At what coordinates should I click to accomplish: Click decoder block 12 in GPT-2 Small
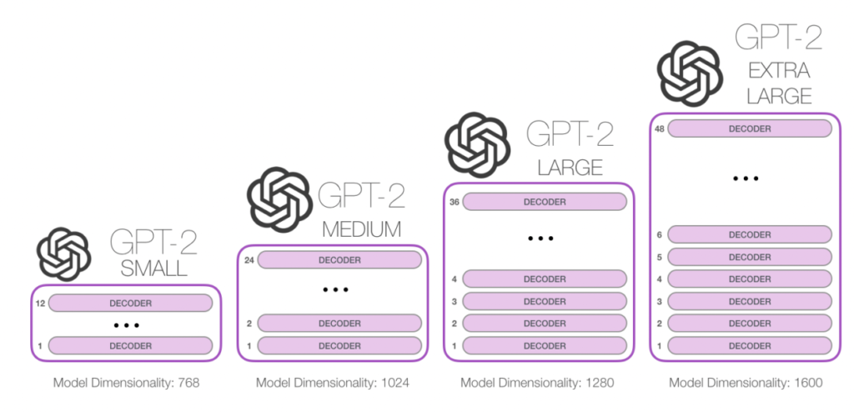[130, 303]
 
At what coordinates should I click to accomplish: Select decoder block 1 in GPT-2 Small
[130, 345]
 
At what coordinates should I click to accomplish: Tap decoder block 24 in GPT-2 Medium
[339, 260]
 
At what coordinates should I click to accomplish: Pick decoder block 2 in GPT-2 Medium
[339, 323]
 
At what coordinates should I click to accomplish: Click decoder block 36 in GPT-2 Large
[545, 202]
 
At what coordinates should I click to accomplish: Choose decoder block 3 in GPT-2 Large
[545, 301]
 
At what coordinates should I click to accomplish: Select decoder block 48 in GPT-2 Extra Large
[750, 128]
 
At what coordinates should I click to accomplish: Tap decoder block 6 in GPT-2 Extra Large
[750, 234]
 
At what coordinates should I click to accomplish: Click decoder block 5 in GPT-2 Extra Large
[750, 257]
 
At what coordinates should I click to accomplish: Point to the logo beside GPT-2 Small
[63, 254]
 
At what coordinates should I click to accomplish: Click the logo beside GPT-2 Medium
[280, 199]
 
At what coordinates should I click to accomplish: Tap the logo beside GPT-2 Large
[478, 145]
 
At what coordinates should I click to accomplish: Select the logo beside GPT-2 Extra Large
[690, 74]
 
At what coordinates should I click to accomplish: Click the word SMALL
[154, 268]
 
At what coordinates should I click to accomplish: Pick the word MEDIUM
[362, 229]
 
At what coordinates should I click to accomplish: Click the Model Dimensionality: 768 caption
[127, 383]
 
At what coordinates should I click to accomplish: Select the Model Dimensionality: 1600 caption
[746, 383]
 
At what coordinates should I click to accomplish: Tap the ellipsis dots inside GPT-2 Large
[540, 239]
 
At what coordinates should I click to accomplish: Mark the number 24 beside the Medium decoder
[249, 260]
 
